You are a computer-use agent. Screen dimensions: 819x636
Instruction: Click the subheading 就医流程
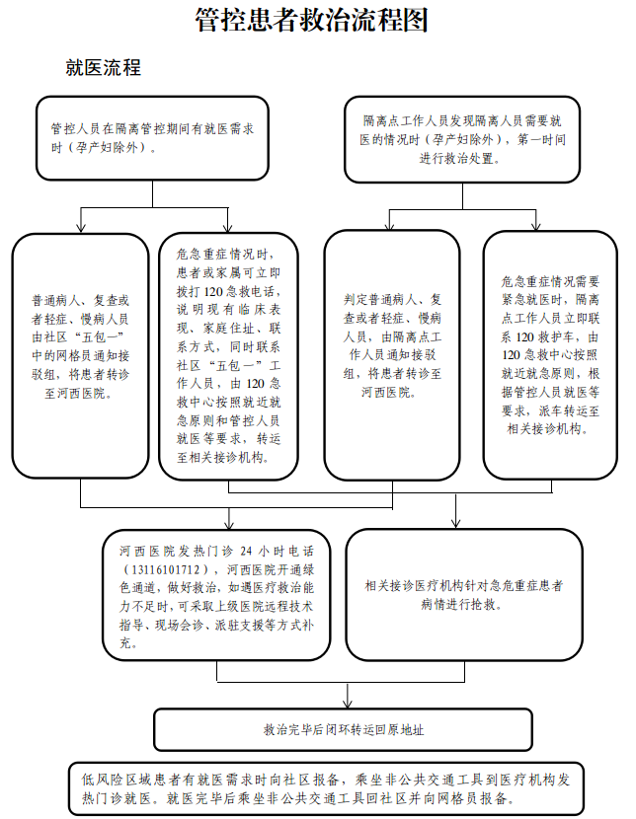[x=103, y=68]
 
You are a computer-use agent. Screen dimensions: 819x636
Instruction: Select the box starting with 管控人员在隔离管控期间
[x=152, y=138]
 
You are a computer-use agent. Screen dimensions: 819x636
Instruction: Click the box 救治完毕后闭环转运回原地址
[x=344, y=730]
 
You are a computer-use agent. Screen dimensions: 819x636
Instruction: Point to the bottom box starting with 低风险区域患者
[x=326, y=789]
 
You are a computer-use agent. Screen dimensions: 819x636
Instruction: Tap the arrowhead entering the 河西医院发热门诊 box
[x=228, y=524]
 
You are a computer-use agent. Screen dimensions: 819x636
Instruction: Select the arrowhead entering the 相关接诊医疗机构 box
[x=456, y=524]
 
